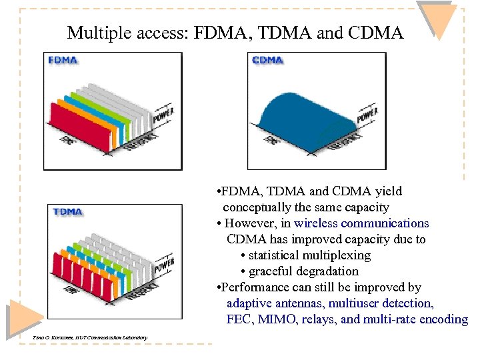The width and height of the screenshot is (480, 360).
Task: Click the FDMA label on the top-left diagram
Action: (x=63, y=60)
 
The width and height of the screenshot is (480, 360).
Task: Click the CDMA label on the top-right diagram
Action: (x=267, y=60)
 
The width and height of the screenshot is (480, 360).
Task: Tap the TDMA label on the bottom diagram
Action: (x=67, y=212)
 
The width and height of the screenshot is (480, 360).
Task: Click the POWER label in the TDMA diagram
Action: (x=164, y=265)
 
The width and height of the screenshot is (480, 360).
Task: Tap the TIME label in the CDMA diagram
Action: (x=272, y=141)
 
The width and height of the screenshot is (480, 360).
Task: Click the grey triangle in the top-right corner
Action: (x=439, y=19)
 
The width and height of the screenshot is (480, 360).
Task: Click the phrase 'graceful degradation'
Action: (x=303, y=271)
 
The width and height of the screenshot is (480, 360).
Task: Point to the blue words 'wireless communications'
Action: (x=361, y=223)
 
